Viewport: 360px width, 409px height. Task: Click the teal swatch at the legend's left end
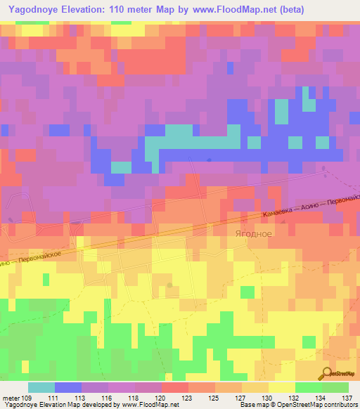[41, 387]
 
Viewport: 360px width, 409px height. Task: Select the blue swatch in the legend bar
[68, 387]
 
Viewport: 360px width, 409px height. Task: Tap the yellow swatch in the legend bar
[282, 387]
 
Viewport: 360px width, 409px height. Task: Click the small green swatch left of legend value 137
[335, 387]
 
